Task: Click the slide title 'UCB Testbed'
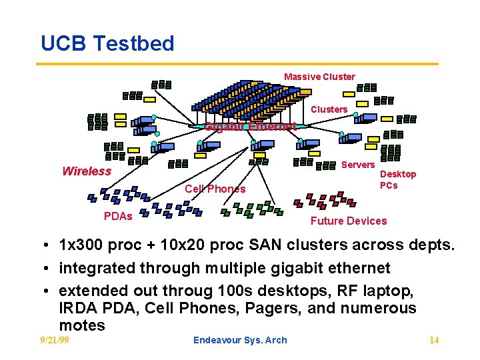(x=107, y=43)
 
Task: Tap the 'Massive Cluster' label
(x=319, y=77)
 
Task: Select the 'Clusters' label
(x=329, y=109)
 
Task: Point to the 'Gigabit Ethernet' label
(x=250, y=127)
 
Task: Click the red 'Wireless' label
(x=87, y=171)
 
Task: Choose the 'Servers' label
(x=358, y=165)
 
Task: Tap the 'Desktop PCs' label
(x=397, y=180)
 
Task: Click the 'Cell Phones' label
(x=215, y=189)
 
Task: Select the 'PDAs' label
(x=118, y=216)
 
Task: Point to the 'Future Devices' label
(x=348, y=221)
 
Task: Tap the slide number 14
(x=434, y=341)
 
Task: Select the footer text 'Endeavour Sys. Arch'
(x=240, y=340)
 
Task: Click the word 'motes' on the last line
(x=82, y=325)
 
